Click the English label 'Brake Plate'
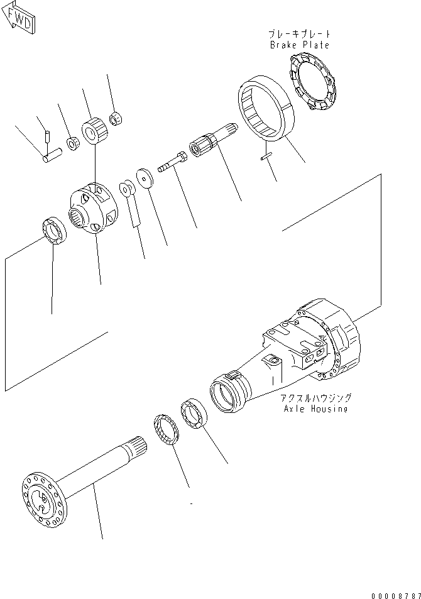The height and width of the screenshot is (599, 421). pos(300,45)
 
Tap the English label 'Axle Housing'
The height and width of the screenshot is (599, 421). pos(315,409)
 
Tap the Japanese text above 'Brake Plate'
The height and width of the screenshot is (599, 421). pos(300,34)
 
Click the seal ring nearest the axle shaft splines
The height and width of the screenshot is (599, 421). pos(168,431)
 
